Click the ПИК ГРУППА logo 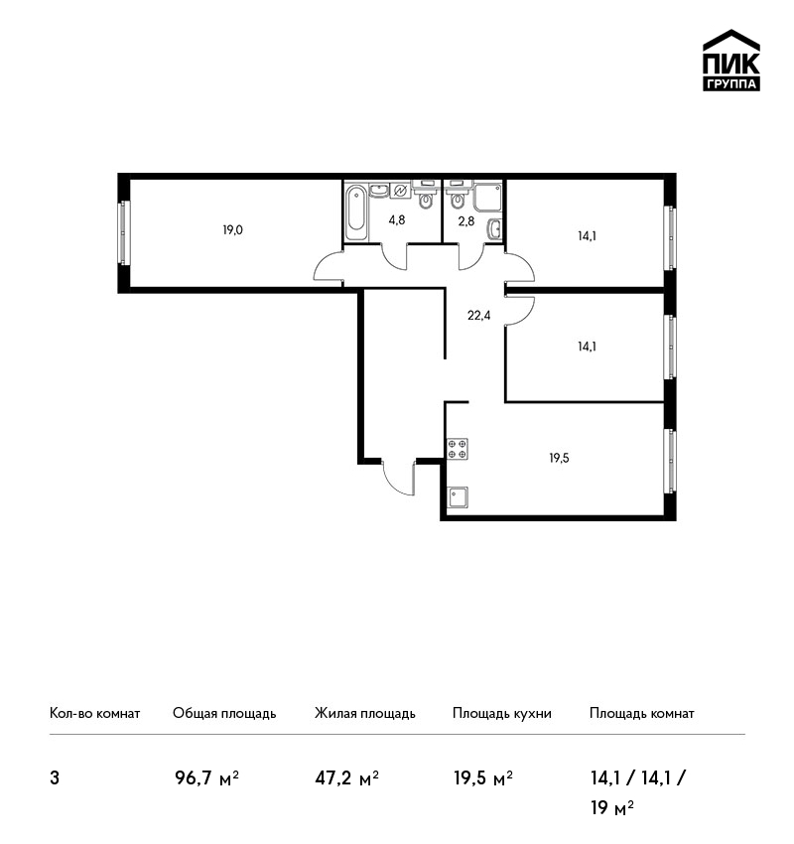pos(731,61)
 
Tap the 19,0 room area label pos(233,230)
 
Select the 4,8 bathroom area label pos(397,219)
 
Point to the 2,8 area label pos(466,220)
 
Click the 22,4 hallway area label pos(478,316)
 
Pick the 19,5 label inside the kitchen pos(559,458)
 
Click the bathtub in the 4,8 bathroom pos(355,212)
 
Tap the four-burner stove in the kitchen pos(458,449)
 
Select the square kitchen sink pos(458,496)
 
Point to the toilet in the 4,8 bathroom pos(426,196)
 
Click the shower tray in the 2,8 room pos(488,198)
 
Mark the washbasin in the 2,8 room pos(495,228)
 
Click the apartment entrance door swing pos(399,477)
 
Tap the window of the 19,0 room pos(124,232)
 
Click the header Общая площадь pos(224,714)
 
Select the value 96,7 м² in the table pos(206,777)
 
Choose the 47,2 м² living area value pos(347,777)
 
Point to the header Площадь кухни pos(502,714)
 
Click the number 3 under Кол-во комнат pos(55,778)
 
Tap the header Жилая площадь pos(365,714)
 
